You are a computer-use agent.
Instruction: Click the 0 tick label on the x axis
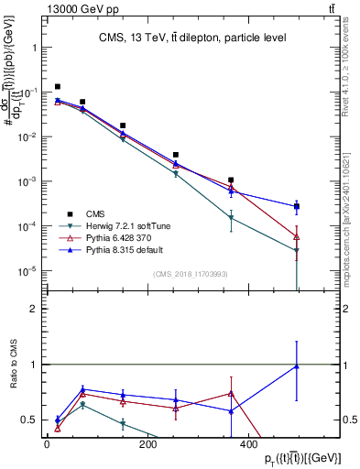(47, 446)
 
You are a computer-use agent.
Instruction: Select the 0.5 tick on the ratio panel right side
(349, 420)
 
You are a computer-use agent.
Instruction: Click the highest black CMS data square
(58, 87)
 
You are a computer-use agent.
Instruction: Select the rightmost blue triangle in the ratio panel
(296, 366)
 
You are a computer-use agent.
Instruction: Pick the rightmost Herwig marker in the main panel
(296, 251)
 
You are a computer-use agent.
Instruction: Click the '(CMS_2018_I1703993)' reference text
(191, 274)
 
